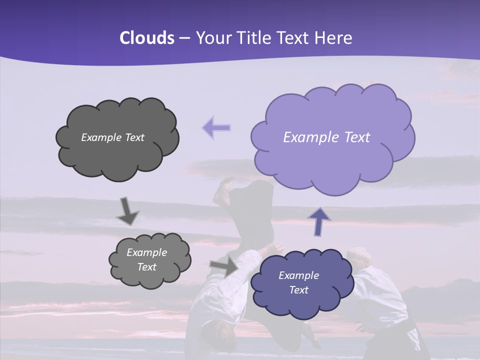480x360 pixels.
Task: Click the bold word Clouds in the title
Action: pos(147,38)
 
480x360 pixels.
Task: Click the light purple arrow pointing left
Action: pos(216,127)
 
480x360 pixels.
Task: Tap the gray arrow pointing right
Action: pos(224,266)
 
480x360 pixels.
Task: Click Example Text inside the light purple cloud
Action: pos(326,137)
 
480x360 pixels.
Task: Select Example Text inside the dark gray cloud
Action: pos(112,137)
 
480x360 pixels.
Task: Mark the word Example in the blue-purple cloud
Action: pos(298,275)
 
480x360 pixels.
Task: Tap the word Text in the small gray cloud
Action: pos(146,267)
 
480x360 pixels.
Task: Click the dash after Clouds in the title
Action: pos(184,38)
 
